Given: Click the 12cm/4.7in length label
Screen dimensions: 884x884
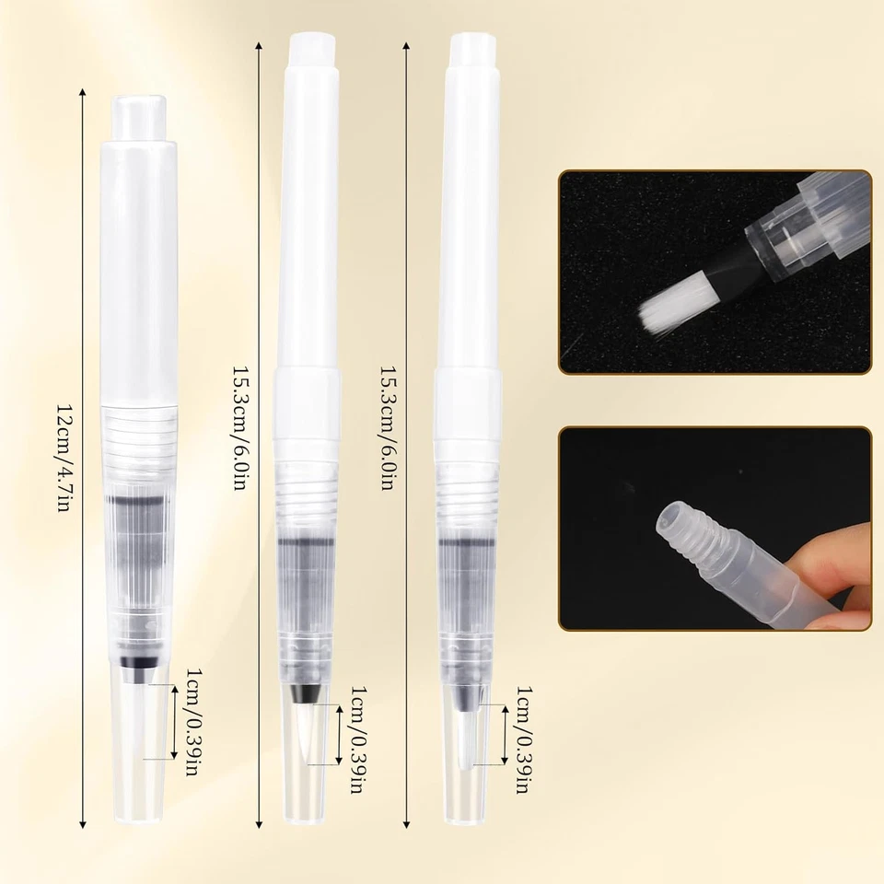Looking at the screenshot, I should [x=63, y=458].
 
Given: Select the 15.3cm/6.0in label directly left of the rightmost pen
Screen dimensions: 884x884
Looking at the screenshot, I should [x=386, y=428].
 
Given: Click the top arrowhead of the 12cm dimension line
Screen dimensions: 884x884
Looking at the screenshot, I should [x=84, y=93].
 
